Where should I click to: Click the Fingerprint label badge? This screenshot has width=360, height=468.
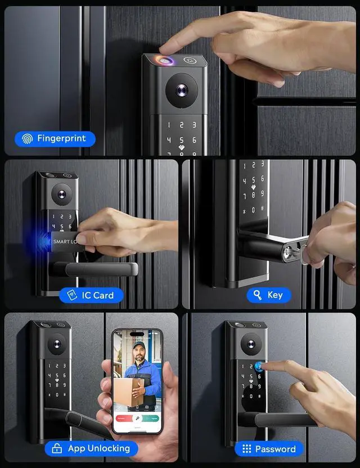pyautogui.click(x=55, y=138)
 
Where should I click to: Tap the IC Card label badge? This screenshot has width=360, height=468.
pyautogui.click(x=91, y=295)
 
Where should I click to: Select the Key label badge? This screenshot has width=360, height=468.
pyautogui.click(x=268, y=295)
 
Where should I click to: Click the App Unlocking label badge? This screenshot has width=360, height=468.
pyautogui.click(x=91, y=448)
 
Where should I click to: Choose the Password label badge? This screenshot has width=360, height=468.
pyautogui.click(x=268, y=448)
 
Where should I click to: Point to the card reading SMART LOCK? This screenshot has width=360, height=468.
pyautogui.click(x=63, y=241)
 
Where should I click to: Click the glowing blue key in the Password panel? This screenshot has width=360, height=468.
pyautogui.click(x=260, y=367)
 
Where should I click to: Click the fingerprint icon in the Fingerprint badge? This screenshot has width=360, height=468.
pyautogui.click(x=27, y=138)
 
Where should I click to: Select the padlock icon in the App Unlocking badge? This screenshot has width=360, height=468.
pyautogui.click(x=57, y=448)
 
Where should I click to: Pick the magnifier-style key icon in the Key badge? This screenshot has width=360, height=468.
pyautogui.click(x=258, y=295)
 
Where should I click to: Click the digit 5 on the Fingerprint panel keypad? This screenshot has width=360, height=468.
pyautogui.click(x=181, y=139)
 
